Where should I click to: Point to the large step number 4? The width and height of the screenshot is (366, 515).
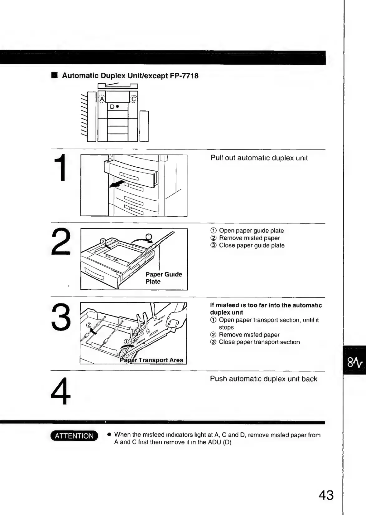61,391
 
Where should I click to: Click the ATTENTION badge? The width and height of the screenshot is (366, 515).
74,436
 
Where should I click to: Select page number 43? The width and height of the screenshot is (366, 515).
326,495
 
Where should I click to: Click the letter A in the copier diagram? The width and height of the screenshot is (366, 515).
102,99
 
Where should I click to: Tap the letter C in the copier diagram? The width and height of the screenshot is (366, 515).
133,99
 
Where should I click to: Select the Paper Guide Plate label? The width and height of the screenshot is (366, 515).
164,278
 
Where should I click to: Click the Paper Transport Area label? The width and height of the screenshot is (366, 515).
152,360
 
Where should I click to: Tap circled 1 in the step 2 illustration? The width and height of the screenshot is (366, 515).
149,237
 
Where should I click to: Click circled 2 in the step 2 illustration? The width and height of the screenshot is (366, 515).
103,241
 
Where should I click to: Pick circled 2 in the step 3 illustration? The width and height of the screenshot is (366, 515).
89,326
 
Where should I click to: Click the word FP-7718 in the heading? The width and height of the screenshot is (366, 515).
184,76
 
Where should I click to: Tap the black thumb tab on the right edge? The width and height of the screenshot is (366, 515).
354,360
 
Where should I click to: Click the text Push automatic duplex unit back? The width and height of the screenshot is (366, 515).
263,379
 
